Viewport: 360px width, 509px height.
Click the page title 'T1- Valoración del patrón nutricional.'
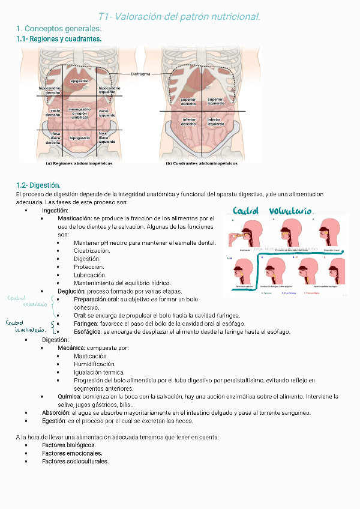pos(179,17)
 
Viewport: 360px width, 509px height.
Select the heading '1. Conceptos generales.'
pos(59,29)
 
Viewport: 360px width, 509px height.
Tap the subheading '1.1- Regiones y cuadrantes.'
pos(59,39)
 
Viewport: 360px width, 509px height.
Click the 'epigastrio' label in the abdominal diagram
pos(80,80)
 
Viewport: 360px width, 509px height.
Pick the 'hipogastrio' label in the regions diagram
pos(80,138)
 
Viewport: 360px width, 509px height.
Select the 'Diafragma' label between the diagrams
pos(141,74)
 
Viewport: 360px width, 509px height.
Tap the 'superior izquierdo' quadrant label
pos(215,101)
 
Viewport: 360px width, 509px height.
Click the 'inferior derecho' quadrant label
pos(188,122)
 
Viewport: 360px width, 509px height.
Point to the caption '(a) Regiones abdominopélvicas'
pos(79,163)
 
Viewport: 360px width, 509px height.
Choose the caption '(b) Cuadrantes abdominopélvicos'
pos(202,163)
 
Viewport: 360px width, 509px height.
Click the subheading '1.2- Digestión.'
pos(38,185)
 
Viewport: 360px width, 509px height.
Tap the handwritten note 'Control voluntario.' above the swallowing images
pos(272,211)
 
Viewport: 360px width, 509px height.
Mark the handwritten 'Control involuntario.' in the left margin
pos(25,326)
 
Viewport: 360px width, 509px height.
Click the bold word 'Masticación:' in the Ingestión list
pos(75,218)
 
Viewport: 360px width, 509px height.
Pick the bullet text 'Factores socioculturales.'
pos(76,461)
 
